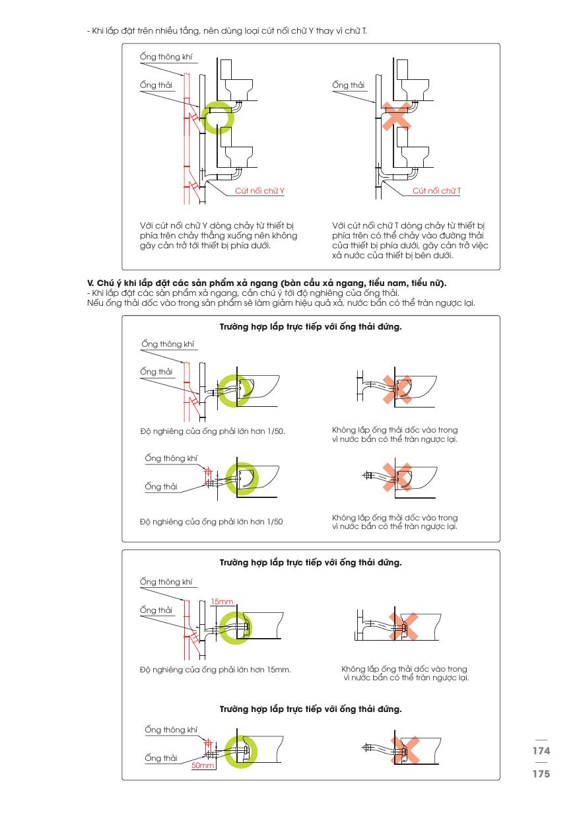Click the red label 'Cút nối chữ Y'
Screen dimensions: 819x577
pyautogui.click(x=264, y=190)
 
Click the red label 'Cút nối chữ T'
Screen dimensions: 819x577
pyautogui.click(x=436, y=190)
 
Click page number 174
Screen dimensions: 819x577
pyautogui.click(x=541, y=751)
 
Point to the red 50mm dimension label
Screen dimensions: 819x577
pyautogui.click(x=203, y=766)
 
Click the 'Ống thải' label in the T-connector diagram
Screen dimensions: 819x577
pyautogui.click(x=349, y=85)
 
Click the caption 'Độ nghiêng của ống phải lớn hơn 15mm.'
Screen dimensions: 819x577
pyautogui.click(x=216, y=670)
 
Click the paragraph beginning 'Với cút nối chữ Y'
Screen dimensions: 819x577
pyautogui.click(x=219, y=235)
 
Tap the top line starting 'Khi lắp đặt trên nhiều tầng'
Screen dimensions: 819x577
pyautogui.click(x=236, y=31)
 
